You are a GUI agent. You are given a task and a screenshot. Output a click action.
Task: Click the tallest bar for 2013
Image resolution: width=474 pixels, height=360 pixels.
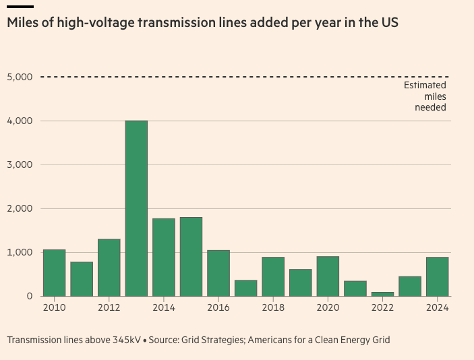(136, 208)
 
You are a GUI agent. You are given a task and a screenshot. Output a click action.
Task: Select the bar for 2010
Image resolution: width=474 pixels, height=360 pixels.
(54, 273)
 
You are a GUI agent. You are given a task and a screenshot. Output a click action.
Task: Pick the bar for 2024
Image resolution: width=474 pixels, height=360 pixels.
(437, 276)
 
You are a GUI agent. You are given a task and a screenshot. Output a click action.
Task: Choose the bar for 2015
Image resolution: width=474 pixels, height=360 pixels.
(191, 257)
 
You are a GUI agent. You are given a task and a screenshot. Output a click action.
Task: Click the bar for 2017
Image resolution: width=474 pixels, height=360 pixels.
(245, 288)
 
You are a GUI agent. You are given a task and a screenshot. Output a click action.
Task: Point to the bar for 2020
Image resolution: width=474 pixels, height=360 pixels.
(328, 276)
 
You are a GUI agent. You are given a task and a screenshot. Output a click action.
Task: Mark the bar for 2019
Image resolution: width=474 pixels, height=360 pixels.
(301, 282)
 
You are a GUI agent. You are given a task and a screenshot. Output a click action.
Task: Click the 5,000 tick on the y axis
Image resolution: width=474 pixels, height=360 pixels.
(20, 77)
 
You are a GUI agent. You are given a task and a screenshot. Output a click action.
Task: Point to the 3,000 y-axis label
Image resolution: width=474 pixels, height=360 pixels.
(20, 164)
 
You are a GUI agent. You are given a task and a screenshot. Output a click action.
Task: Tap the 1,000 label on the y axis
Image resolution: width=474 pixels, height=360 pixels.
(20, 252)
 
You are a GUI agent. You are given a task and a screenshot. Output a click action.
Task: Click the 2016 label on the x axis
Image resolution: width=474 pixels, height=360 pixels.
(218, 307)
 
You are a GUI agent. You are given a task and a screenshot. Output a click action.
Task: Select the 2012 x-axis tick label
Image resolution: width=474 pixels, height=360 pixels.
(109, 307)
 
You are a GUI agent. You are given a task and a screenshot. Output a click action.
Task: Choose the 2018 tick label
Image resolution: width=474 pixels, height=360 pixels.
(273, 307)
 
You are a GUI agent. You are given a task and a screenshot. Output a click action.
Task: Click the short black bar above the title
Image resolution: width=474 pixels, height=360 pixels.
(20, 6)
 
